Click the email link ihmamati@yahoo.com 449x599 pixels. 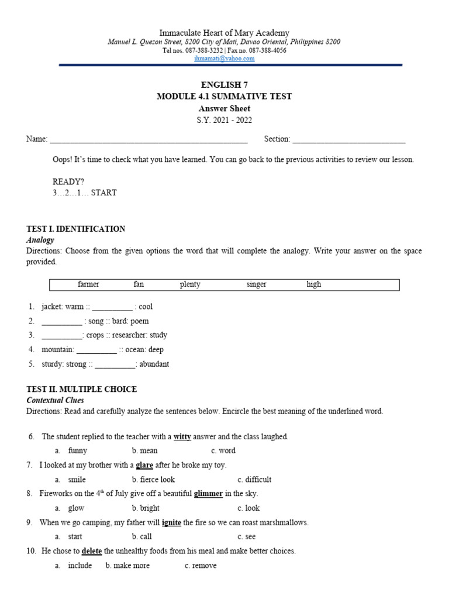click(224, 58)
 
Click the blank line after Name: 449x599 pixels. click(148, 140)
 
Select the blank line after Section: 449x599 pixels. click(348, 140)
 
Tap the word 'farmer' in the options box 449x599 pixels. click(88, 284)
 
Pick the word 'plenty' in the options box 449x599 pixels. click(190, 284)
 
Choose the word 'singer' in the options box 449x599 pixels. click(256, 284)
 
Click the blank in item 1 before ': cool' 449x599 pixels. click(112, 307)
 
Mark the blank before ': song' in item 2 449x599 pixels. click(62, 322)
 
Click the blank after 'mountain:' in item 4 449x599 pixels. click(96, 350)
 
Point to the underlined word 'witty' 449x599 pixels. click(182, 437)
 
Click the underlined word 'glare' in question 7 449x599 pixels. click(144, 466)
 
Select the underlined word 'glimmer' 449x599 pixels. click(208, 494)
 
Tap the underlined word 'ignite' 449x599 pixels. click(171, 522)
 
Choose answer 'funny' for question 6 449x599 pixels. click(77, 451)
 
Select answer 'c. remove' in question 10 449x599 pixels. click(201, 566)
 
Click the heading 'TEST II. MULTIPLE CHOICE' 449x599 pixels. click(82, 389)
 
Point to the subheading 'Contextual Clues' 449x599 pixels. click(55, 400)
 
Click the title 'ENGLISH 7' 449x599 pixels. click(224, 85)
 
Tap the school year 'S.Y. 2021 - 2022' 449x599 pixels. click(224, 119)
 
